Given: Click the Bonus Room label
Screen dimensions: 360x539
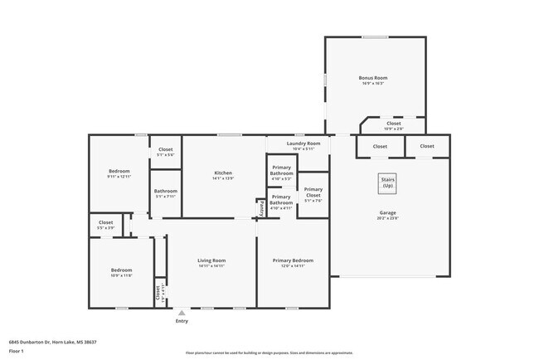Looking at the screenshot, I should pos(374,80).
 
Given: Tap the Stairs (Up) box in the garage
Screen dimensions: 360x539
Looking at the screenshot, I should pos(387,183).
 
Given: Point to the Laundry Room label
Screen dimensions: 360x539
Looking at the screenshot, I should pos(298,146).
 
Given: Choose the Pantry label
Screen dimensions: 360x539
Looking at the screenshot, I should pos(261,207).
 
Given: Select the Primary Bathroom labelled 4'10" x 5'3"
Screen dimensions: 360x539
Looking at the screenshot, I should pos(281,173).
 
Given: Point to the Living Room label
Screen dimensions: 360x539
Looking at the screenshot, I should pos(211,263).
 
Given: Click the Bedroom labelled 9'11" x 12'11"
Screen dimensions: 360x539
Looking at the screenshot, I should pos(119,173).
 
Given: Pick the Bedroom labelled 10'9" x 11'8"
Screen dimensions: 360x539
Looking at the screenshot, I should pos(121,272).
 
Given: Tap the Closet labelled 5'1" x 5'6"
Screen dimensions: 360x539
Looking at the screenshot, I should pos(166,152).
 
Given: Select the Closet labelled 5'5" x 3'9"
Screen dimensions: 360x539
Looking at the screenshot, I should pos(105,224).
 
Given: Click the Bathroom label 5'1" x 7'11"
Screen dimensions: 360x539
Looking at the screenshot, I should pos(165,193).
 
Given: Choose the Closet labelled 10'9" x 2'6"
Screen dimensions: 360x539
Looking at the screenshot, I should pos(393,126).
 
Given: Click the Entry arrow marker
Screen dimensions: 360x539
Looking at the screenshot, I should pos(182,314).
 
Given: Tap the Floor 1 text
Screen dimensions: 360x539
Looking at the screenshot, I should pos(17,350).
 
